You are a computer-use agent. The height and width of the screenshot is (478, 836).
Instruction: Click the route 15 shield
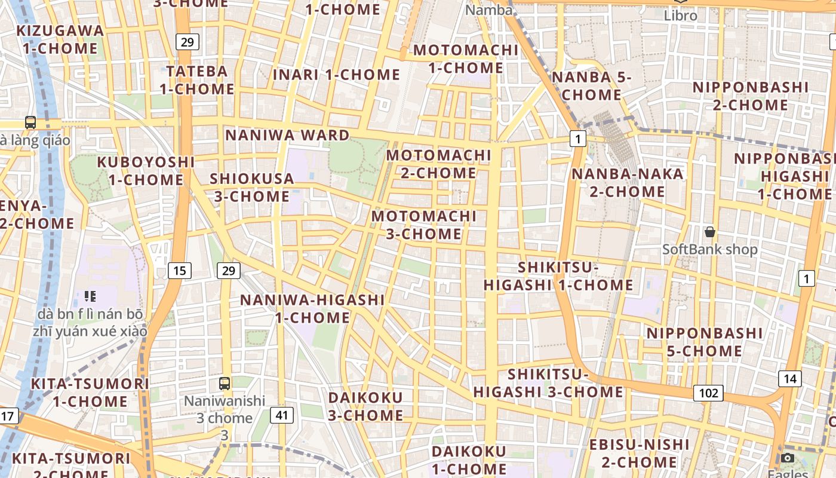(179, 271)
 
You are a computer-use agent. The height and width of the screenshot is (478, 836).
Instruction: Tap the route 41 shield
(281, 415)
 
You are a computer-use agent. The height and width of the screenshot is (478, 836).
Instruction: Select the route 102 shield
(708, 393)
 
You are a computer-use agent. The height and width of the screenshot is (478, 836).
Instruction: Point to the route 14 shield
(790, 378)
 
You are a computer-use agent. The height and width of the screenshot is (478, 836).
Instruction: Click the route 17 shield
(8, 416)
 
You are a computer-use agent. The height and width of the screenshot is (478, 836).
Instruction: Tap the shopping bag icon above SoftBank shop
(709, 232)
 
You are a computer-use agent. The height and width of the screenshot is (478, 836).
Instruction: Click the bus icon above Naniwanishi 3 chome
(225, 384)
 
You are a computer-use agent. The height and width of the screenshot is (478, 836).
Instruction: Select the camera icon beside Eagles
(788, 458)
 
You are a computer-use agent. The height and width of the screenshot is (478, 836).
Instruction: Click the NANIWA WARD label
(287, 135)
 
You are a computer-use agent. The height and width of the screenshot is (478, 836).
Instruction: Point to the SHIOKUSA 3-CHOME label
(251, 188)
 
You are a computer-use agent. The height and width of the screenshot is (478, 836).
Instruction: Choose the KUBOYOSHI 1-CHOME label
(146, 171)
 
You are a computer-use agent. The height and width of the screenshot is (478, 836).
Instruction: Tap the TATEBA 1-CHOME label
(197, 80)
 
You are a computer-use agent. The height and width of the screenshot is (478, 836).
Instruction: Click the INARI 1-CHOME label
(336, 75)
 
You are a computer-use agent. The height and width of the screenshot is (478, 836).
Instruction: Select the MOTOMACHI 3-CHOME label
(424, 225)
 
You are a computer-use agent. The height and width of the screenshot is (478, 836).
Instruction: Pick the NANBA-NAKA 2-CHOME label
(628, 183)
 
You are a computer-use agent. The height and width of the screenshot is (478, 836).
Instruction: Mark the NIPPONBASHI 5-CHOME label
(705, 342)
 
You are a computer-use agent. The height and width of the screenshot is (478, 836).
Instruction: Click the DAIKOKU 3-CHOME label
(365, 406)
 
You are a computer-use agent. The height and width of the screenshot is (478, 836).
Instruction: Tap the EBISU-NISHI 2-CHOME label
(639, 454)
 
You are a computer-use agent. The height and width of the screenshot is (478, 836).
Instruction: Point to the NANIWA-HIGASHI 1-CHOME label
(312, 308)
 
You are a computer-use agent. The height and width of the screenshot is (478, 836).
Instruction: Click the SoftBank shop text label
(709, 249)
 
